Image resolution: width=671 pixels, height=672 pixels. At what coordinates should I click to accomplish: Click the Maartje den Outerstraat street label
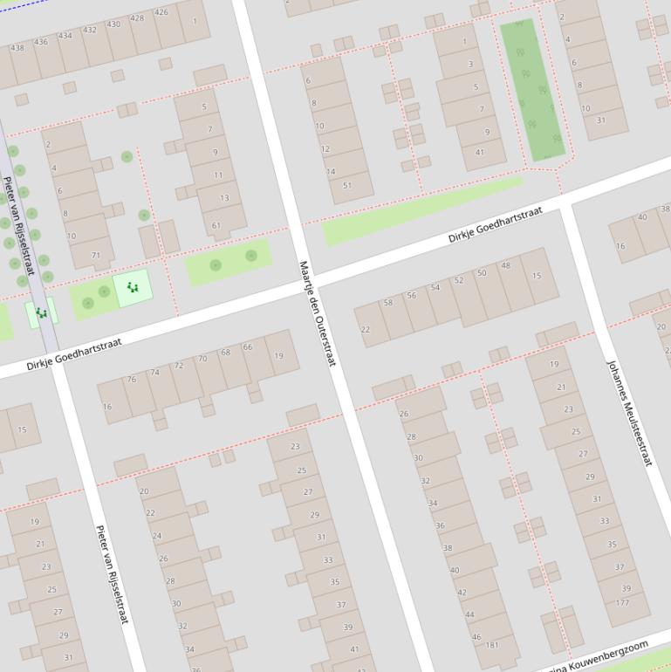(317, 312)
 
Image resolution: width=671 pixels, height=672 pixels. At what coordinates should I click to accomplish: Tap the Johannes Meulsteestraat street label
(629, 412)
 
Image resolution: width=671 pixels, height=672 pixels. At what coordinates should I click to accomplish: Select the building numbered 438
(17, 48)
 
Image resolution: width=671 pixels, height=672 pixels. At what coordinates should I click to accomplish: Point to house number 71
(96, 256)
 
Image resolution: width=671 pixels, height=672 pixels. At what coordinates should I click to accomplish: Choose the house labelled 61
(216, 226)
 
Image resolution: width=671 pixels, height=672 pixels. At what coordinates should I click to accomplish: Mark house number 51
(347, 185)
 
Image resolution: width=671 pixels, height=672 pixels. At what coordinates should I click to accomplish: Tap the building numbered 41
(479, 153)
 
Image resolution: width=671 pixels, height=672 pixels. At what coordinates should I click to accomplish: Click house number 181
(492, 645)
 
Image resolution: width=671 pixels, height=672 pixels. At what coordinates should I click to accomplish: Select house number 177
(622, 603)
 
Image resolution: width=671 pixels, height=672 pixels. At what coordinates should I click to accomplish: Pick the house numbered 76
(131, 379)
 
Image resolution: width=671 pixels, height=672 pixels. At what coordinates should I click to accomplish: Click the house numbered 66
(248, 347)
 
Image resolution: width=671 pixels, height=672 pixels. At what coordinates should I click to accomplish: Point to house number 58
(388, 303)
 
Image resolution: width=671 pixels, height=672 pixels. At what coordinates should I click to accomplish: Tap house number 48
(506, 265)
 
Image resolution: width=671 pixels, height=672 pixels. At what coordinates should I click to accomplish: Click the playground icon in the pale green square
(133, 286)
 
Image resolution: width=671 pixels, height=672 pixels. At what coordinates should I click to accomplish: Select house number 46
(476, 637)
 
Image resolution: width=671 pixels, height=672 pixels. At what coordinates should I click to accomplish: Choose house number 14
(331, 172)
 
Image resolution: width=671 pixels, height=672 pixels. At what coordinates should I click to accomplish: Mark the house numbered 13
(224, 198)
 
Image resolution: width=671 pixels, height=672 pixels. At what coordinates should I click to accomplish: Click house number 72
(179, 365)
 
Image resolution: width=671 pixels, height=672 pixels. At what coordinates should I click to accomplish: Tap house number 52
(459, 280)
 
